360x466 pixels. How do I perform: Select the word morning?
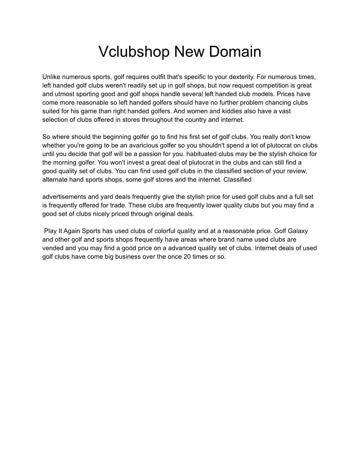(x=65, y=162)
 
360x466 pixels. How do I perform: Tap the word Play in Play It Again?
(x=50, y=231)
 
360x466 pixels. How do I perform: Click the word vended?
(x=53, y=248)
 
